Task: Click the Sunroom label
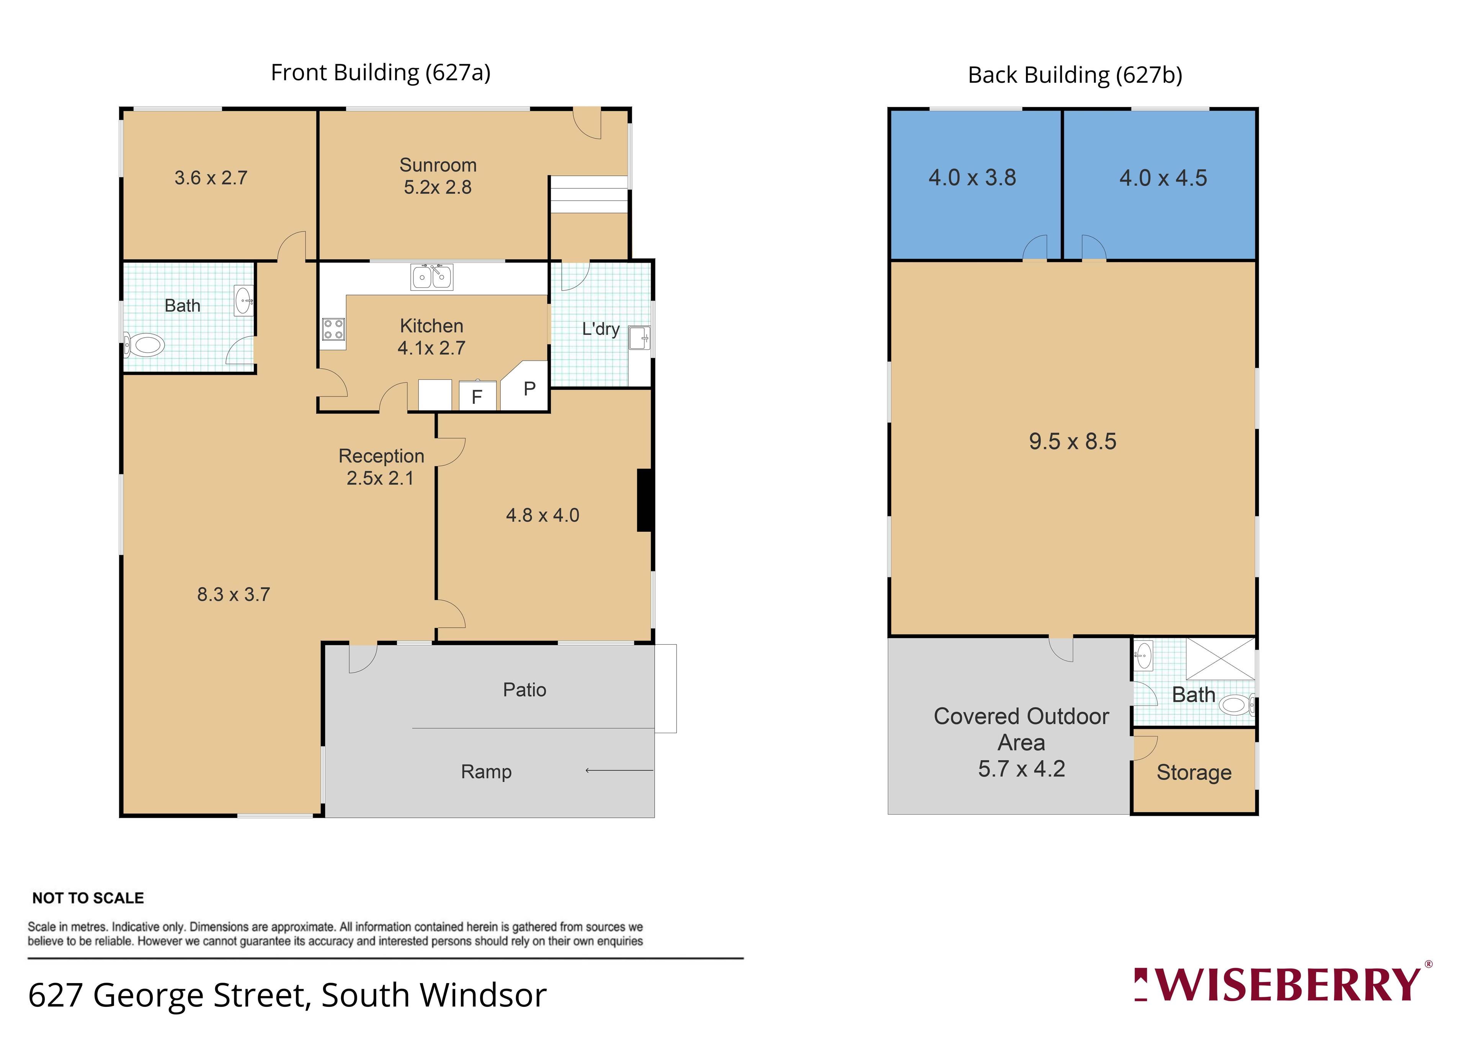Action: [438, 165]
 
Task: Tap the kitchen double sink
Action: [431, 276]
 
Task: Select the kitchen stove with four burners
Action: [333, 329]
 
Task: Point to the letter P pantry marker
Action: [529, 389]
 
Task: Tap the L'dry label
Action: [601, 329]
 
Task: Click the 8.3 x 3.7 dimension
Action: [234, 595]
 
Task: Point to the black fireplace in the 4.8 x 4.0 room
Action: [645, 500]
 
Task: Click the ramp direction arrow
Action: [619, 770]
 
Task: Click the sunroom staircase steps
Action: [588, 194]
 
